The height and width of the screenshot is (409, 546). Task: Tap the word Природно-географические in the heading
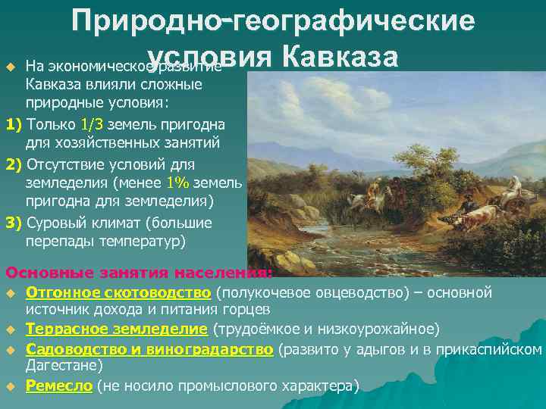pos(274,21)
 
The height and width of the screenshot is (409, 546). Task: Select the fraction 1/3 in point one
pos(93,122)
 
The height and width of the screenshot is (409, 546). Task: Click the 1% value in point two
pos(178,182)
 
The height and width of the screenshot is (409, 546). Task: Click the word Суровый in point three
pos(57,223)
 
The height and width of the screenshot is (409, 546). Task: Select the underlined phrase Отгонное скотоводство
pos(118,292)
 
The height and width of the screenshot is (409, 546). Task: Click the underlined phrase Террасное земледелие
pos(116,329)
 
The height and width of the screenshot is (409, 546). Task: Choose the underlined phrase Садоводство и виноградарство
pos(149,349)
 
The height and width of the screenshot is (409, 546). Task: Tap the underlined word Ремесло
pos(58,386)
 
